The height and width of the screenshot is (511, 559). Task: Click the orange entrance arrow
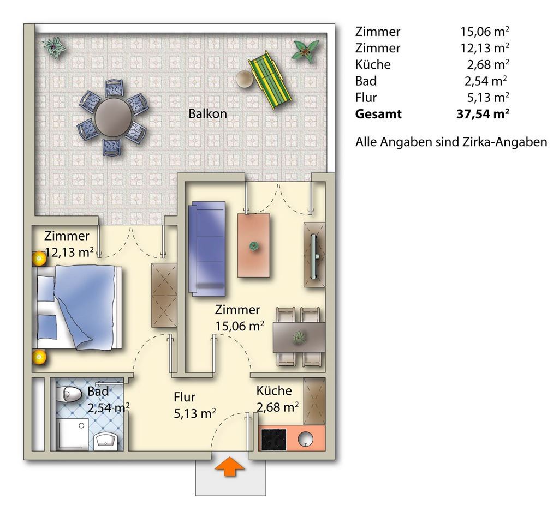click(230, 466)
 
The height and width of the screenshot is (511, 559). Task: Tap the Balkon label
click(207, 113)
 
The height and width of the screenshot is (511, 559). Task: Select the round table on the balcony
click(112, 117)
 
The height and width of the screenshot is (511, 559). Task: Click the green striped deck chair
click(270, 81)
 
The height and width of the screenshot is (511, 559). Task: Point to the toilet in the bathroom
click(68, 394)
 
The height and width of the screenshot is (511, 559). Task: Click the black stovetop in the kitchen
click(274, 439)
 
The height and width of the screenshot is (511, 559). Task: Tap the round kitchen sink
click(306, 438)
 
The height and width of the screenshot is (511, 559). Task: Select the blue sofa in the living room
click(209, 249)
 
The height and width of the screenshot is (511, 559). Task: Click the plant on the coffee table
click(254, 246)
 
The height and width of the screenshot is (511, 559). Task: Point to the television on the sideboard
click(314, 256)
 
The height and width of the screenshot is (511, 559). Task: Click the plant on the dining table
click(298, 337)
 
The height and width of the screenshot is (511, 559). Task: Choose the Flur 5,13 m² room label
click(195, 405)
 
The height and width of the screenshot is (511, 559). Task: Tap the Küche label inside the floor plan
click(274, 390)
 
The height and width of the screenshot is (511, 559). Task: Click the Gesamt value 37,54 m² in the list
click(483, 113)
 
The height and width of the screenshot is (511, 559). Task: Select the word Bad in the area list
click(366, 81)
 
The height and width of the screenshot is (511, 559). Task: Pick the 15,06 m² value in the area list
click(485, 31)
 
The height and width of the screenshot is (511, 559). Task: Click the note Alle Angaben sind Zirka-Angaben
click(451, 142)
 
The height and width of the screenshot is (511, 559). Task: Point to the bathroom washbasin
click(106, 442)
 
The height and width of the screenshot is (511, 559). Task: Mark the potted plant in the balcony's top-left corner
click(54, 47)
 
